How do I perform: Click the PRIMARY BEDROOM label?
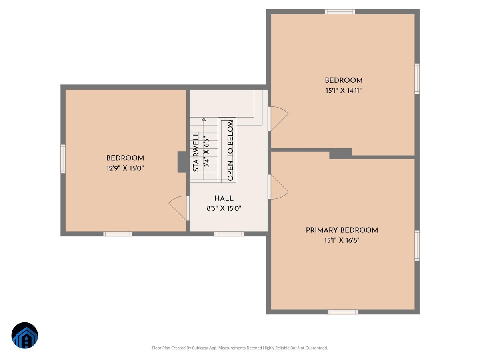click(342, 230)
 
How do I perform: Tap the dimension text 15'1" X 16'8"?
click(342, 241)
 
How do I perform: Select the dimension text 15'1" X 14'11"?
click(343, 91)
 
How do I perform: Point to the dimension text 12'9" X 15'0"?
click(125, 168)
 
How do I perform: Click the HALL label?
click(224, 198)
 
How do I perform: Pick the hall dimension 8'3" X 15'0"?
click(224, 208)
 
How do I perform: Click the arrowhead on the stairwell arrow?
click(204, 119)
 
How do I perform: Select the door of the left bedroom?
click(179, 207)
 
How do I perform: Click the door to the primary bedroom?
click(278, 187)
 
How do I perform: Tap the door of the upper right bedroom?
click(278, 118)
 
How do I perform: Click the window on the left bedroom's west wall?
click(63, 159)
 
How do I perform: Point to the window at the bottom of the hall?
click(228, 234)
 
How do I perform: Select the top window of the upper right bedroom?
click(340, 12)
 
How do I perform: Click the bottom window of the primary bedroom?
click(342, 312)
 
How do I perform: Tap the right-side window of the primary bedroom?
click(417, 246)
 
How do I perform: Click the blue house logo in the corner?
click(25, 336)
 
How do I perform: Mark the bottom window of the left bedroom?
click(118, 234)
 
